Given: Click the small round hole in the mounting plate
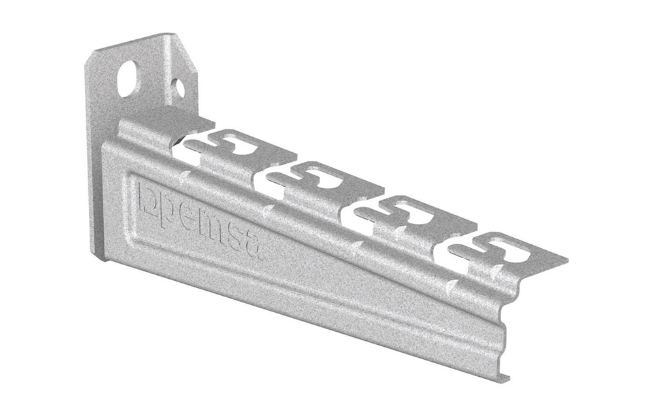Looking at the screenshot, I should click(178, 86).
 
